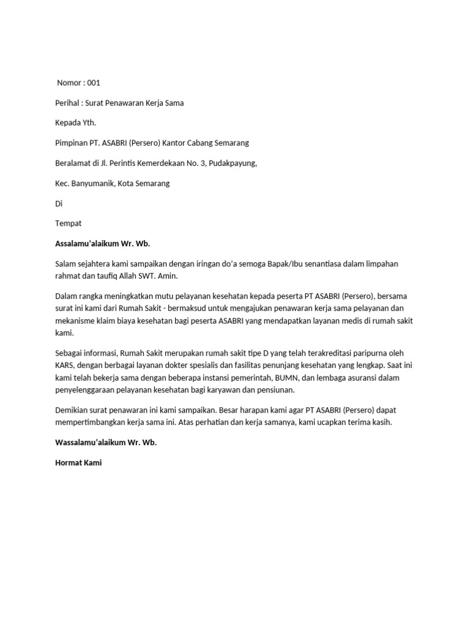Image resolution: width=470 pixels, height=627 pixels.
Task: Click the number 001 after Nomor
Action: [94, 83]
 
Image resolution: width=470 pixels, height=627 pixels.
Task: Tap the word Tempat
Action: [69, 223]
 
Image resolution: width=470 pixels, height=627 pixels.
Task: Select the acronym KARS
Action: [65, 366]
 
